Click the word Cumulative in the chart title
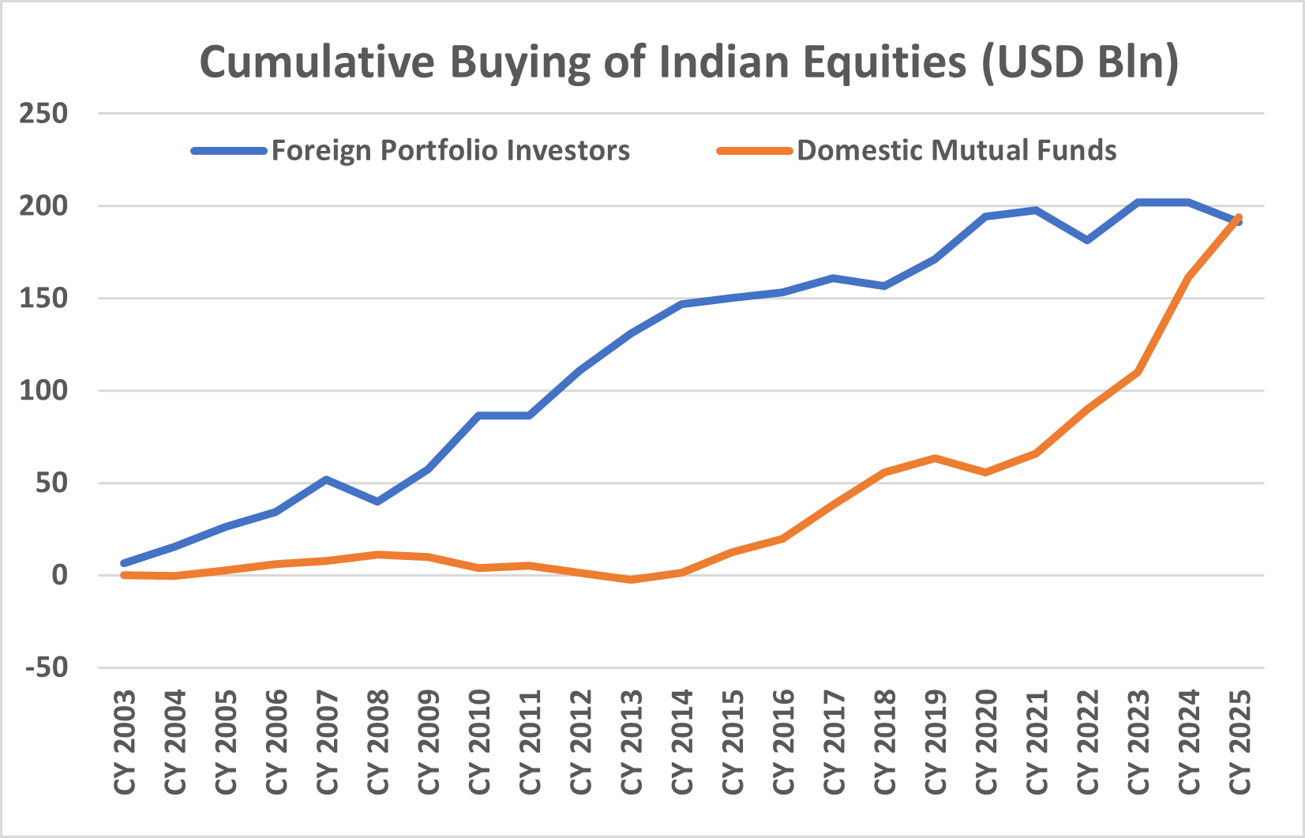point(316,62)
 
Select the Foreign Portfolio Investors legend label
point(451,150)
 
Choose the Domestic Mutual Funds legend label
point(957,150)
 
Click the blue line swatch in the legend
point(229,151)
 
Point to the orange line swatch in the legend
point(754,151)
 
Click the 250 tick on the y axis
point(44,114)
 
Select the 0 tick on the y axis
point(60,575)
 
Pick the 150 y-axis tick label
point(44,299)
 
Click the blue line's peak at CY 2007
point(327,479)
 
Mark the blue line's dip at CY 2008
point(377,502)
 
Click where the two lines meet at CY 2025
point(1239,219)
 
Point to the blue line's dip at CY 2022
point(1087,239)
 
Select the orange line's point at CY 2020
point(985,472)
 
